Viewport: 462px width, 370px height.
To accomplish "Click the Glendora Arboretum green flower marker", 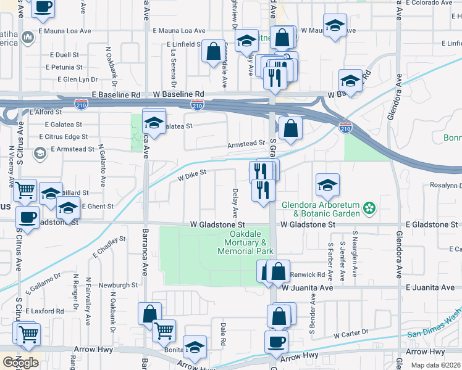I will (369, 208).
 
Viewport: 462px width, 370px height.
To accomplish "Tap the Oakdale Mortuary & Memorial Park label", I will (246, 243).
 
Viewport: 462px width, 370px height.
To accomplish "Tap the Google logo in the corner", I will (20, 362).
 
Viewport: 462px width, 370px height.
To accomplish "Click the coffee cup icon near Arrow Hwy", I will (276, 340).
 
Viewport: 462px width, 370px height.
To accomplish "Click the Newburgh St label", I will (116, 285).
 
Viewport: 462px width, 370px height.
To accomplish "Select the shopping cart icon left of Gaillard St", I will (25, 190).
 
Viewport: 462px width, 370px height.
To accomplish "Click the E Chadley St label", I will (109, 246).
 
